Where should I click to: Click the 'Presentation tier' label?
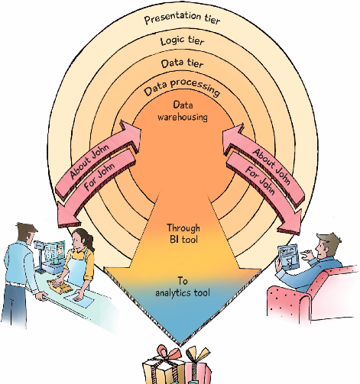(182, 18)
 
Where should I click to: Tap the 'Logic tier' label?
(182, 40)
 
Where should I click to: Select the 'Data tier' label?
(182, 63)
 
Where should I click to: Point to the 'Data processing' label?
(182, 87)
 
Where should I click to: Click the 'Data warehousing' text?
(183, 111)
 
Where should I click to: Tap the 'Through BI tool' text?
(183, 234)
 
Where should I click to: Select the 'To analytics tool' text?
(183, 287)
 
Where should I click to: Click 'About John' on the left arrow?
(89, 161)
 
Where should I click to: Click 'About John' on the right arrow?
(271, 166)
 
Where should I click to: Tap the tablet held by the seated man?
(288, 257)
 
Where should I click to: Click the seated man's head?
(328, 245)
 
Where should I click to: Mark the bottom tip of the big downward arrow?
(180, 346)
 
